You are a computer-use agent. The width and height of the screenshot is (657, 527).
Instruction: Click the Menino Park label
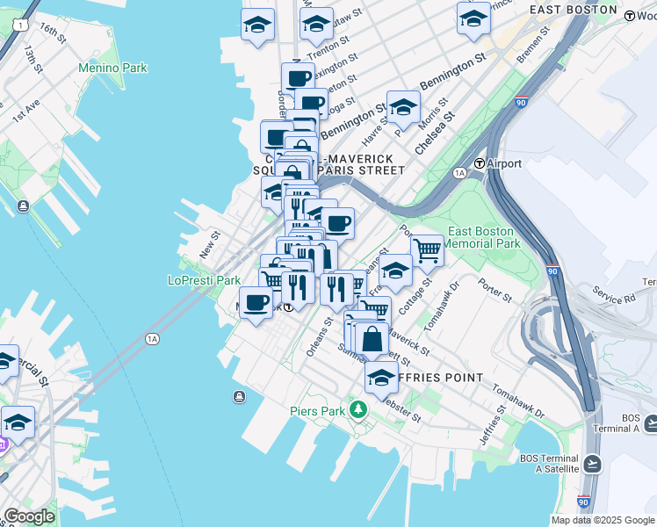(x=112, y=68)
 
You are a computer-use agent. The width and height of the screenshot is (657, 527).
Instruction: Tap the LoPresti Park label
(x=204, y=281)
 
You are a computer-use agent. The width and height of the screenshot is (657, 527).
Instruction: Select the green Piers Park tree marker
(x=357, y=409)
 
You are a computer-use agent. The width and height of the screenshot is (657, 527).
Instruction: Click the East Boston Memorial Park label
(x=484, y=237)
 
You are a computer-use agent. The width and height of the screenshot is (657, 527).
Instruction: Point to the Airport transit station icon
(x=480, y=164)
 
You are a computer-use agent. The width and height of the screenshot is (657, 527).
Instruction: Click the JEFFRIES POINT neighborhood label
(x=439, y=378)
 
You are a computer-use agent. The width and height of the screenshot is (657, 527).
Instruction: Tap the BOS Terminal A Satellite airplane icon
(x=593, y=463)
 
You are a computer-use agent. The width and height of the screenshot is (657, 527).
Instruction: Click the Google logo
(x=28, y=517)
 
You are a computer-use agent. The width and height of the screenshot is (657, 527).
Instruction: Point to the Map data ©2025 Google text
(x=603, y=520)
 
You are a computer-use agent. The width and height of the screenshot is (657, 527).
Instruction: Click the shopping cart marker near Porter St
(x=427, y=249)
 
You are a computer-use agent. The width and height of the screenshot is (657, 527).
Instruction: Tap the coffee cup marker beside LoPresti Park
(x=256, y=303)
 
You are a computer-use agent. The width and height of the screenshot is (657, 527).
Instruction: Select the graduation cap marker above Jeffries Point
(x=381, y=378)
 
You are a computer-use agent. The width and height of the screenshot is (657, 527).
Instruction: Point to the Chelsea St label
(x=435, y=131)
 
